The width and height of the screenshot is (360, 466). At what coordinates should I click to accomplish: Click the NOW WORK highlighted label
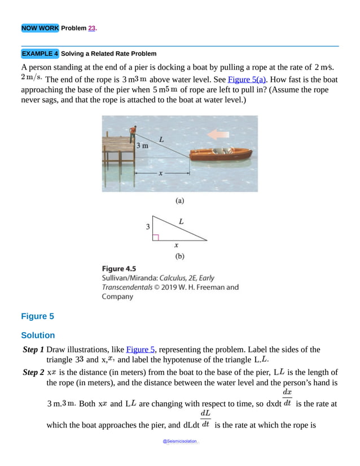[39, 28]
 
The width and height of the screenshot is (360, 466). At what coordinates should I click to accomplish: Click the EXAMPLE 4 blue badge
[39, 54]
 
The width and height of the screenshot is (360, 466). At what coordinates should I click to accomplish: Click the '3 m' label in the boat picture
[143, 146]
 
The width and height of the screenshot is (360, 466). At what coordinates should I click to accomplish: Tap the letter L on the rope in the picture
[161, 138]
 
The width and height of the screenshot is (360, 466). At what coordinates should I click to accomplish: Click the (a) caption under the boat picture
[179, 200]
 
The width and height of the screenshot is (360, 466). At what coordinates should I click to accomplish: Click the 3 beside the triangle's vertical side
[148, 227]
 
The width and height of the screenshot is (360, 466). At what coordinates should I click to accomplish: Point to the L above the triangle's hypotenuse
[181, 222]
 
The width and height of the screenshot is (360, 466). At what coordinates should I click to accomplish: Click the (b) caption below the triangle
[179, 256]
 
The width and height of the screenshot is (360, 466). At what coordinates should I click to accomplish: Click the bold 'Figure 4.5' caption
[118, 268]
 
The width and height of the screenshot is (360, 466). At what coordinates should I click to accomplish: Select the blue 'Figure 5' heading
[37, 316]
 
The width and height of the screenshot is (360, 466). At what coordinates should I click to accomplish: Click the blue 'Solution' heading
[38, 335]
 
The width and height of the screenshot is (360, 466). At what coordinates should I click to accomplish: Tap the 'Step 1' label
[33, 350]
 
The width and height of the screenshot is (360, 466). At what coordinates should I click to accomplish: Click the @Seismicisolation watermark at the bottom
[180, 441]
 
